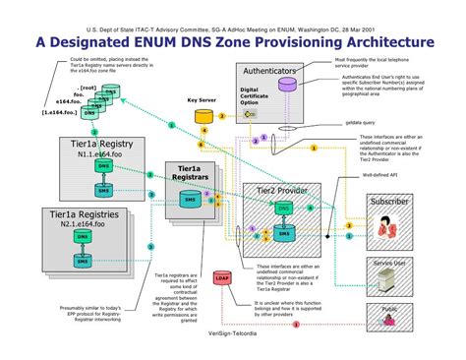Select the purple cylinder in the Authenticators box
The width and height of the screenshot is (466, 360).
tap(287, 85)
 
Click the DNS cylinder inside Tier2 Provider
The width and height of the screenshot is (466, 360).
tap(284, 210)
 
